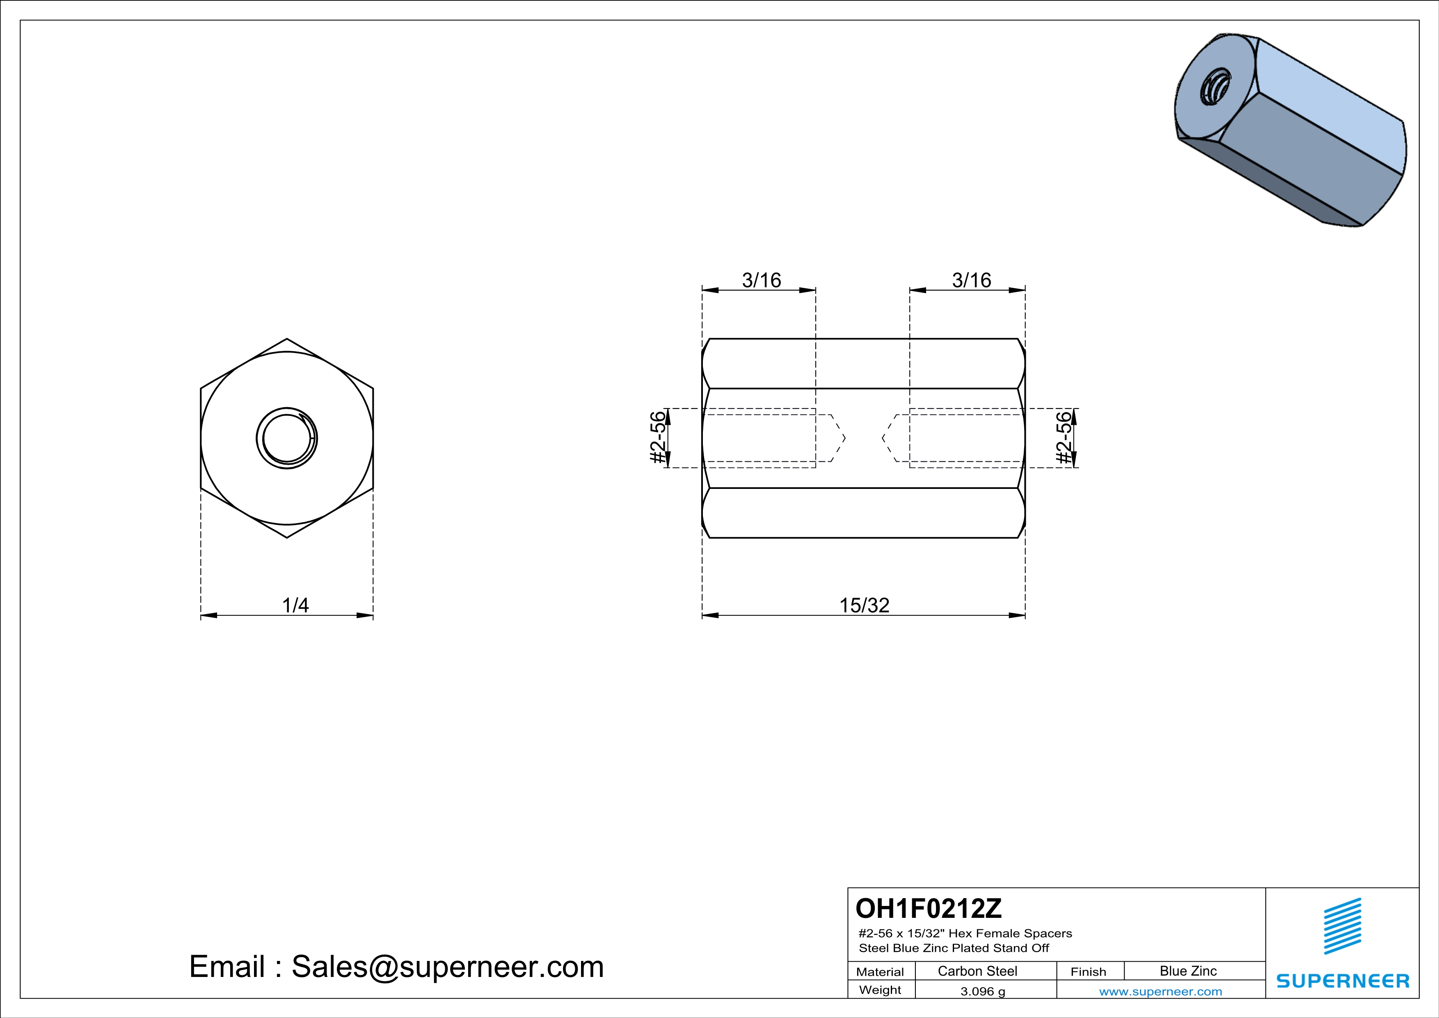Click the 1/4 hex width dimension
(295, 605)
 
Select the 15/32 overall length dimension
(864, 605)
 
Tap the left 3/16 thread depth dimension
(762, 280)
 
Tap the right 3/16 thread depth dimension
(972, 280)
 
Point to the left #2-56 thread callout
(657, 438)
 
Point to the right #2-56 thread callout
(1064, 438)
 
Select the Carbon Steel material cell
(977, 971)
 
